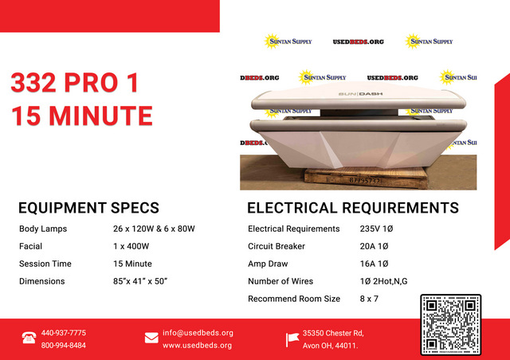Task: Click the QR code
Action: pos(450,324)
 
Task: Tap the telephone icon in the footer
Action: pos(29,338)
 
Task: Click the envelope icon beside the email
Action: pos(151,338)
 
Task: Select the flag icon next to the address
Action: pos(292,339)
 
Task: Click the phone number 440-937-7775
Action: pos(64,333)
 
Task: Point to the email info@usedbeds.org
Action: pos(198,333)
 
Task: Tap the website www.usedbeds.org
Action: pos(197,346)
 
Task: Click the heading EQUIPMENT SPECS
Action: pos(88,208)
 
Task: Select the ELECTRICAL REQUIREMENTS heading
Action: pos(353,208)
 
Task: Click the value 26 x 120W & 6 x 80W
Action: pos(154,229)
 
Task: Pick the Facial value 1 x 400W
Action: pos(131,246)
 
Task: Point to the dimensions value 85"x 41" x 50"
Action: pos(140,281)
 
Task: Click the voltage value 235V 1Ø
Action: pos(376,229)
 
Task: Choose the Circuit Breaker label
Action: pos(277,246)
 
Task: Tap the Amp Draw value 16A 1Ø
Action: pos(374,264)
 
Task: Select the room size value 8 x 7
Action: pos(369,299)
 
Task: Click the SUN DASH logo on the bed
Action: pos(360,94)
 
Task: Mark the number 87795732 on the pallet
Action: pos(365,180)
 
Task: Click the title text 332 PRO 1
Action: pos(75,83)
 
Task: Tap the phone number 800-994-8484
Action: pos(64,345)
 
